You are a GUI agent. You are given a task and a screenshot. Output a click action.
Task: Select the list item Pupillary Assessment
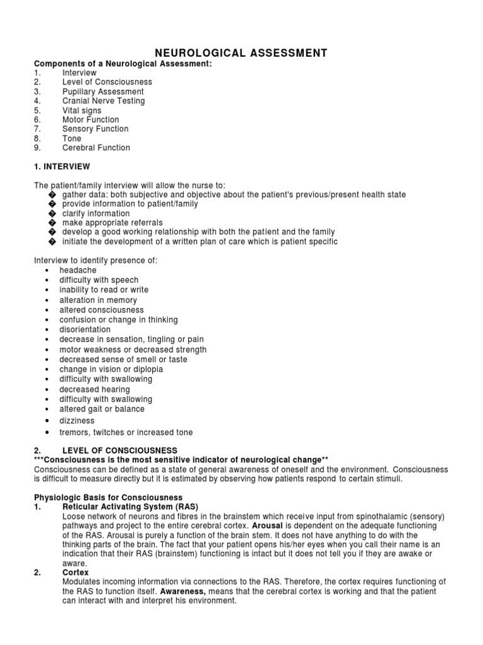tap(103, 91)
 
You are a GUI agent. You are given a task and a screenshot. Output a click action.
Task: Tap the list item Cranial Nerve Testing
tap(103, 101)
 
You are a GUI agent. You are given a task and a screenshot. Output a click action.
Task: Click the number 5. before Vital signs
tap(37, 110)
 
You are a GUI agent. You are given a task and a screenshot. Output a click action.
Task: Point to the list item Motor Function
tap(90, 120)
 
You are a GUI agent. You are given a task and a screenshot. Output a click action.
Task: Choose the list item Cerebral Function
tap(96, 148)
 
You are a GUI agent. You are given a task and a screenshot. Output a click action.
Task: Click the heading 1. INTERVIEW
tap(62, 167)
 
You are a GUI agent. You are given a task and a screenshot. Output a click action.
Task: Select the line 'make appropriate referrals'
tap(112, 223)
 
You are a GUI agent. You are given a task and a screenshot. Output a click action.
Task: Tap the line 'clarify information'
tap(96, 214)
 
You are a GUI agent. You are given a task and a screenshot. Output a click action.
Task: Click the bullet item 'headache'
tap(78, 270)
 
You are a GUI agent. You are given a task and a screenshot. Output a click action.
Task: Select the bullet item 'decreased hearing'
tap(94, 389)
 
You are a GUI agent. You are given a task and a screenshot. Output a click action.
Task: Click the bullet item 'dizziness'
tap(77, 420)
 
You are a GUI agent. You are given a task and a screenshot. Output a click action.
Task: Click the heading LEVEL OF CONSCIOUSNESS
tap(119, 451)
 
